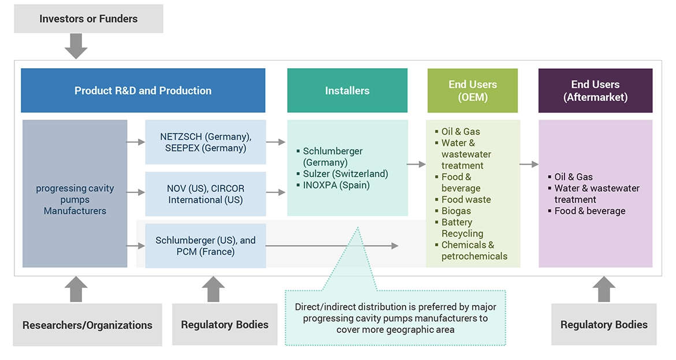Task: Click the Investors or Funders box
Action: [88, 18]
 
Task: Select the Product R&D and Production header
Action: [143, 91]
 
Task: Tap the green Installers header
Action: [347, 91]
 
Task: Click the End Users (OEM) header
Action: [472, 91]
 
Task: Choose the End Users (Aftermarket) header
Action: [595, 91]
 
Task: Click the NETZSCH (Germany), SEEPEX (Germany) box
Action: [205, 142]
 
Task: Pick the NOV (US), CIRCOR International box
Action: [205, 194]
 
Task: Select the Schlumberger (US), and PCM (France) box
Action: [205, 246]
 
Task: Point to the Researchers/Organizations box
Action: [87, 325]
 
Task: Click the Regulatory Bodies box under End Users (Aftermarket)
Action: [604, 324]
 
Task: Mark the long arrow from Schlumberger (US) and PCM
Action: [332, 246]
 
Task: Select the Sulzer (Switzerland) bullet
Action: [346, 174]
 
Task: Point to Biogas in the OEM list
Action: [456, 211]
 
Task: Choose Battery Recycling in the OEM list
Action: [462, 228]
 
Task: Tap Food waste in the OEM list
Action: [466, 199]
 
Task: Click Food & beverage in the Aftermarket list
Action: [589, 211]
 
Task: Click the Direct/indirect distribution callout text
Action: [395, 318]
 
